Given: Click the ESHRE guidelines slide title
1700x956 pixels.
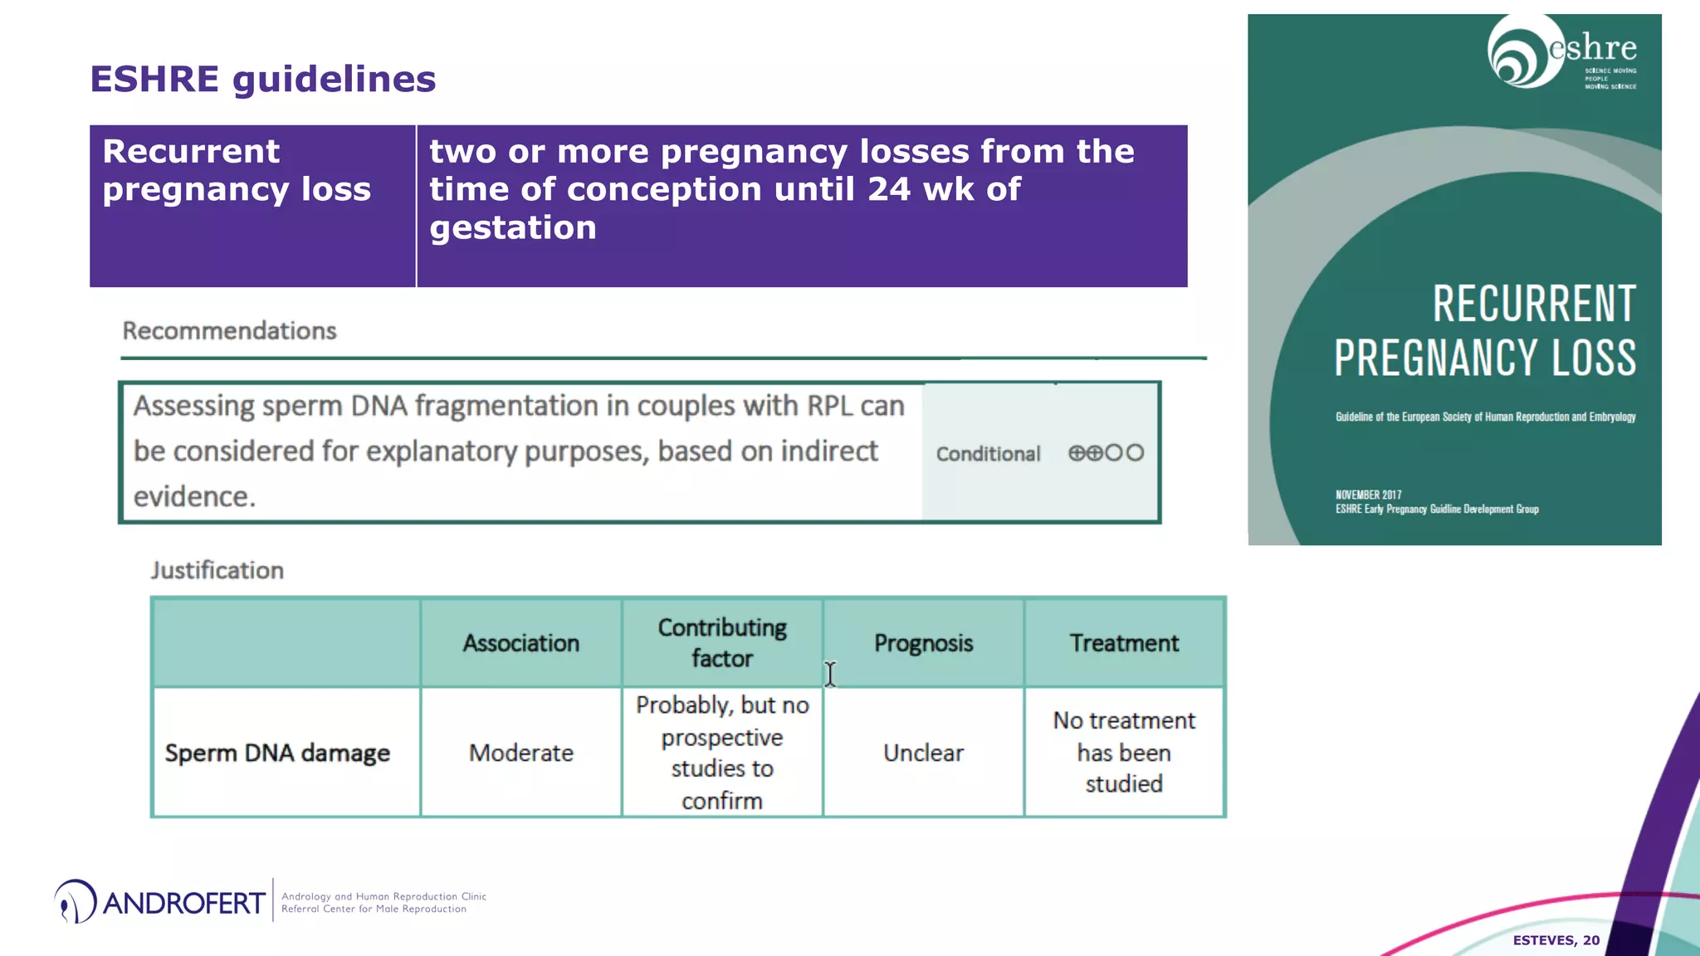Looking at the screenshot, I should (x=262, y=80).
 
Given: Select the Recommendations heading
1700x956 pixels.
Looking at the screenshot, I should (x=229, y=331).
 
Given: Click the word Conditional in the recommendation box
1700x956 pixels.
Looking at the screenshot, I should (x=988, y=454).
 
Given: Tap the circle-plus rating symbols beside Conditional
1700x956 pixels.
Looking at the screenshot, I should (x=1106, y=453).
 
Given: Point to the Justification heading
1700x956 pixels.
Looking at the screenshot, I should (x=217, y=571).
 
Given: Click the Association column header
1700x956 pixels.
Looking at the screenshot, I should (x=521, y=643).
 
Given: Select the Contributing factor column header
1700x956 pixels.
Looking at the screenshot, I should (x=722, y=643).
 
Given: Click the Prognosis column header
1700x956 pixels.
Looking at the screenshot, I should (x=923, y=643).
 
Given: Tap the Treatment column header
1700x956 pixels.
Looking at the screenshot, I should (x=1124, y=643).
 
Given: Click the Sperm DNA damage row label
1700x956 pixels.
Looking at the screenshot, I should (x=277, y=753).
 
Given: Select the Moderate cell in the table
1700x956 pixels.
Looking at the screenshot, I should (x=521, y=753).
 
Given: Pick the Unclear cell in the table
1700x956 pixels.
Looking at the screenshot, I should (x=923, y=753).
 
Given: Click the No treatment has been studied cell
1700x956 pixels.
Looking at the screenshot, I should (x=1124, y=752).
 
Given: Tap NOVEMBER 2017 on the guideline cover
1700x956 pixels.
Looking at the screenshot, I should (x=1368, y=495).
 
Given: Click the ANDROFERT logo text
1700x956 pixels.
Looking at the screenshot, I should (x=183, y=903).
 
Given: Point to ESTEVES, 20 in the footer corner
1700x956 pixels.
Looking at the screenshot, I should (x=1556, y=940).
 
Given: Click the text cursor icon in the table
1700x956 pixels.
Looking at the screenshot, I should (x=830, y=674).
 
